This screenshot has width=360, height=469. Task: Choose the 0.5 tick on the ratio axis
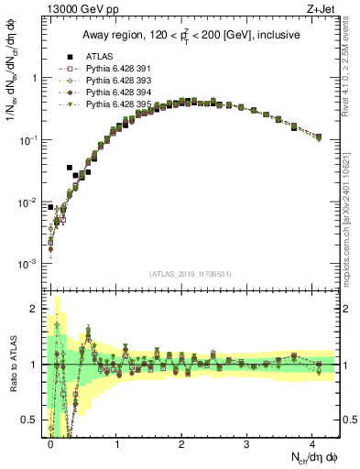(29, 420)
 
